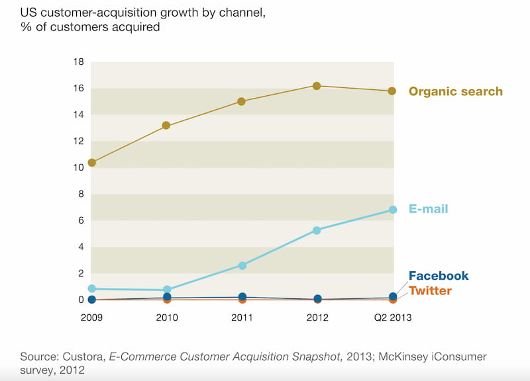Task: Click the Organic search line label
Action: click(455, 91)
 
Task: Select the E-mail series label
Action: click(428, 209)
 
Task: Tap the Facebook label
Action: click(438, 276)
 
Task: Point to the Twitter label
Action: click(430, 291)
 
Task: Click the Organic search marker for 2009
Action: click(91, 163)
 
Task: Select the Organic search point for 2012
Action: click(317, 86)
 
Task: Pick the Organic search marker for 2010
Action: click(166, 125)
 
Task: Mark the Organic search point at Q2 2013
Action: click(392, 91)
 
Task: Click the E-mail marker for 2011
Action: click(242, 265)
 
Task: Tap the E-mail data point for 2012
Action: click(317, 230)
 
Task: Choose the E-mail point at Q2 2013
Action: click(392, 210)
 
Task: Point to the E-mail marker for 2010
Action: click(166, 290)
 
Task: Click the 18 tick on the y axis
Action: click(78, 62)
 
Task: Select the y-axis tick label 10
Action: click(78, 168)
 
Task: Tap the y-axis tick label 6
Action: click(81, 221)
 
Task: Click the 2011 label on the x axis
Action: click(242, 318)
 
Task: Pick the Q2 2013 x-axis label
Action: click(392, 318)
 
